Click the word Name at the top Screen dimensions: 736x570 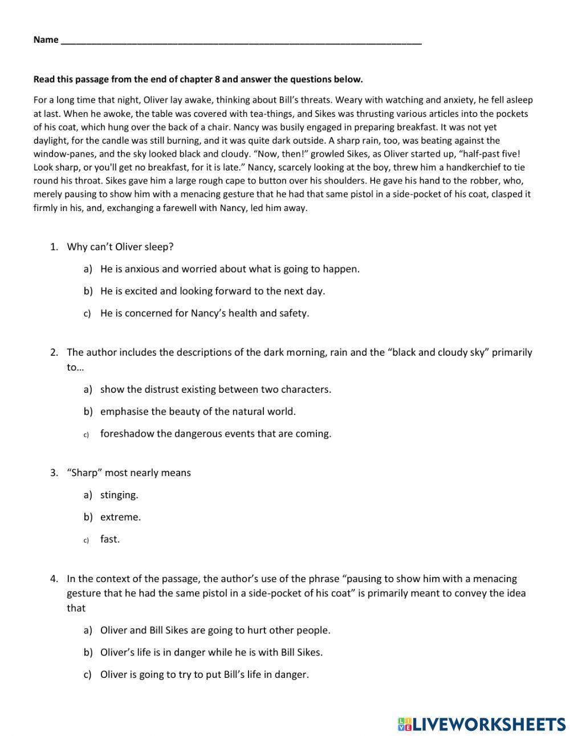46,39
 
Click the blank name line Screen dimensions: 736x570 240,41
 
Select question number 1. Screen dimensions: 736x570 54,247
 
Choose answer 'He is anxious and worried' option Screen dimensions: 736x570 230,269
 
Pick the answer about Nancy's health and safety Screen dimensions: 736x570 204,313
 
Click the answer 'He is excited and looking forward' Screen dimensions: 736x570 212,291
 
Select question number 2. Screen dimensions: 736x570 54,352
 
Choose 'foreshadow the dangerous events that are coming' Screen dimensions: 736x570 215,433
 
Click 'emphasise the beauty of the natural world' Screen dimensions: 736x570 198,411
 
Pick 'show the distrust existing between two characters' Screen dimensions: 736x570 215,389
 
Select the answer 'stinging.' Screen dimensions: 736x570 119,495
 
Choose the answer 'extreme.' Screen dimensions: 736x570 120,517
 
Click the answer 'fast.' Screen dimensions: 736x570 110,539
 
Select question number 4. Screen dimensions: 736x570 54,579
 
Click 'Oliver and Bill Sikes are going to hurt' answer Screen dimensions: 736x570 215,630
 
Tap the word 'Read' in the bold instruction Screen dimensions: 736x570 43,79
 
